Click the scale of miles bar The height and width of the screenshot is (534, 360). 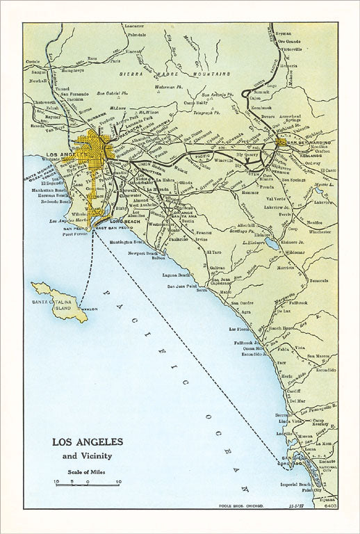pos(87,483)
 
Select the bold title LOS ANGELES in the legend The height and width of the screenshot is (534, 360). pos(88,442)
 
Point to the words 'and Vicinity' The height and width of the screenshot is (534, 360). pos(88,456)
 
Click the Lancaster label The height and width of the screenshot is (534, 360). pos(133,25)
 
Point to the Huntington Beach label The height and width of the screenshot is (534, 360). pos(128,241)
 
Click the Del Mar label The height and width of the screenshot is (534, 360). pos(277,400)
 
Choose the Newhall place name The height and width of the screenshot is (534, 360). pos(37,80)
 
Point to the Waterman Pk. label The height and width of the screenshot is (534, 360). pos(168,87)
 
